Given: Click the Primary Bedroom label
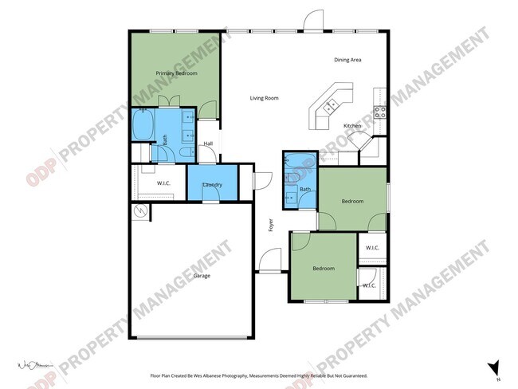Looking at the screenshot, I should tap(176, 73).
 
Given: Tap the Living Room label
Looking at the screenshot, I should tap(264, 98).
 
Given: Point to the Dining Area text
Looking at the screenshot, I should tap(348, 60).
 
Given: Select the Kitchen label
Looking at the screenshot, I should tap(352, 126).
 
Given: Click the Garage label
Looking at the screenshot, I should tap(202, 276).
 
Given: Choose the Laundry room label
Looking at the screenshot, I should tap(212, 185).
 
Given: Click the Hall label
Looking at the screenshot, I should tap(208, 143).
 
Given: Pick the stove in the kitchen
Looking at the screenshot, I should tap(380, 112).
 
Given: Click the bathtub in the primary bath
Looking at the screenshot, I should tap(143, 125).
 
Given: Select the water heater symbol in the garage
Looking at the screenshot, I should tap(141, 211).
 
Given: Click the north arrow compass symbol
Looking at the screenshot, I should tap(494, 367).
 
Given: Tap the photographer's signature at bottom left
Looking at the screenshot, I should tap(34, 366).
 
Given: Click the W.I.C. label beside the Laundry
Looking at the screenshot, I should tap(163, 183).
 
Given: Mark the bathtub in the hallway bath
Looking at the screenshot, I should tap(300, 162).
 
